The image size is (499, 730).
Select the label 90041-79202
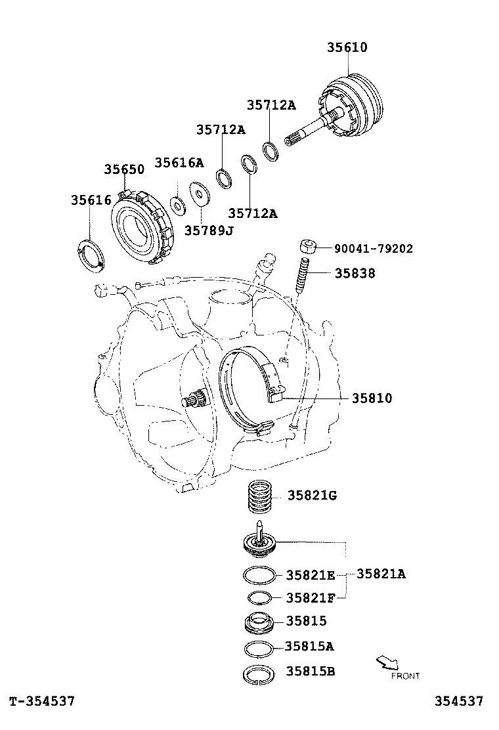[373, 249]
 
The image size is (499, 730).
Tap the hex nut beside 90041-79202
[307, 247]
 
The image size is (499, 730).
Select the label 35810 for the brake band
[372, 398]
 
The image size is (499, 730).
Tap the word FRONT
[405, 676]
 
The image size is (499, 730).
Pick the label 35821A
[381, 574]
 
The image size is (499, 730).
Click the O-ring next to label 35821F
[260, 597]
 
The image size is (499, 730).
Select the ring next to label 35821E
[259, 575]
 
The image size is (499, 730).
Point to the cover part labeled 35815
[259, 621]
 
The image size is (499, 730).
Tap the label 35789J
[209, 230]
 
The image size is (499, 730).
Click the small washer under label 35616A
[177, 204]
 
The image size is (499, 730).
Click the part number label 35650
[123, 169]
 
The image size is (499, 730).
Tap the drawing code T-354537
[42, 702]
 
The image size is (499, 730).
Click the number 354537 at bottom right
[458, 702]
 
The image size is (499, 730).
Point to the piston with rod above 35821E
[259, 542]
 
